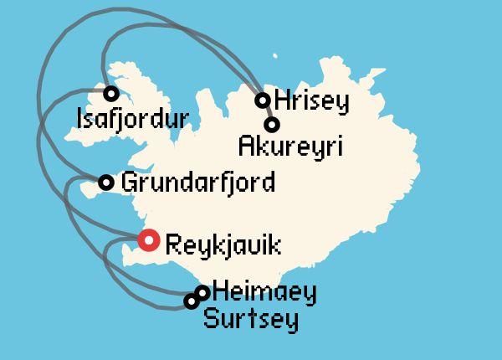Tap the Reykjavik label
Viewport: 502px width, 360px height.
pyautogui.click(x=223, y=246)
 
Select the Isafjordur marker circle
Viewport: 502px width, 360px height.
pyautogui.click(x=110, y=93)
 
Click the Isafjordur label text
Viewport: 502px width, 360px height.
pyautogui.click(x=131, y=119)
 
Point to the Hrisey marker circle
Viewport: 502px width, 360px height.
pyautogui.click(x=263, y=100)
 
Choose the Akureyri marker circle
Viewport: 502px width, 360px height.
pyautogui.click(x=271, y=125)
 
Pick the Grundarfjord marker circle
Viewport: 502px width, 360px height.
pyautogui.click(x=106, y=183)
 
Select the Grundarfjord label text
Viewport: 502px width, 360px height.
pyautogui.click(x=198, y=183)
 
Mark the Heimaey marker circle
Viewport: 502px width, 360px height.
pyautogui.click(x=202, y=292)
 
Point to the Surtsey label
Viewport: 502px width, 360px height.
pyautogui.click(x=251, y=319)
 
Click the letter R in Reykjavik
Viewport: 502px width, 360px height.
pyautogui.click(x=173, y=245)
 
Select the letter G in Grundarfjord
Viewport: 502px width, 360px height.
pyautogui.click(x=129, y=182)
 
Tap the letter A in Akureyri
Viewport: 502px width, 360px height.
pyautogui.click(x=245, y=147)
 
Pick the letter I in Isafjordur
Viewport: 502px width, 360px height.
pyautogui.click(x=79, y=118)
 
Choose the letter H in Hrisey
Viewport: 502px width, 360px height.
pyautogui.click(x=282, y=100)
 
